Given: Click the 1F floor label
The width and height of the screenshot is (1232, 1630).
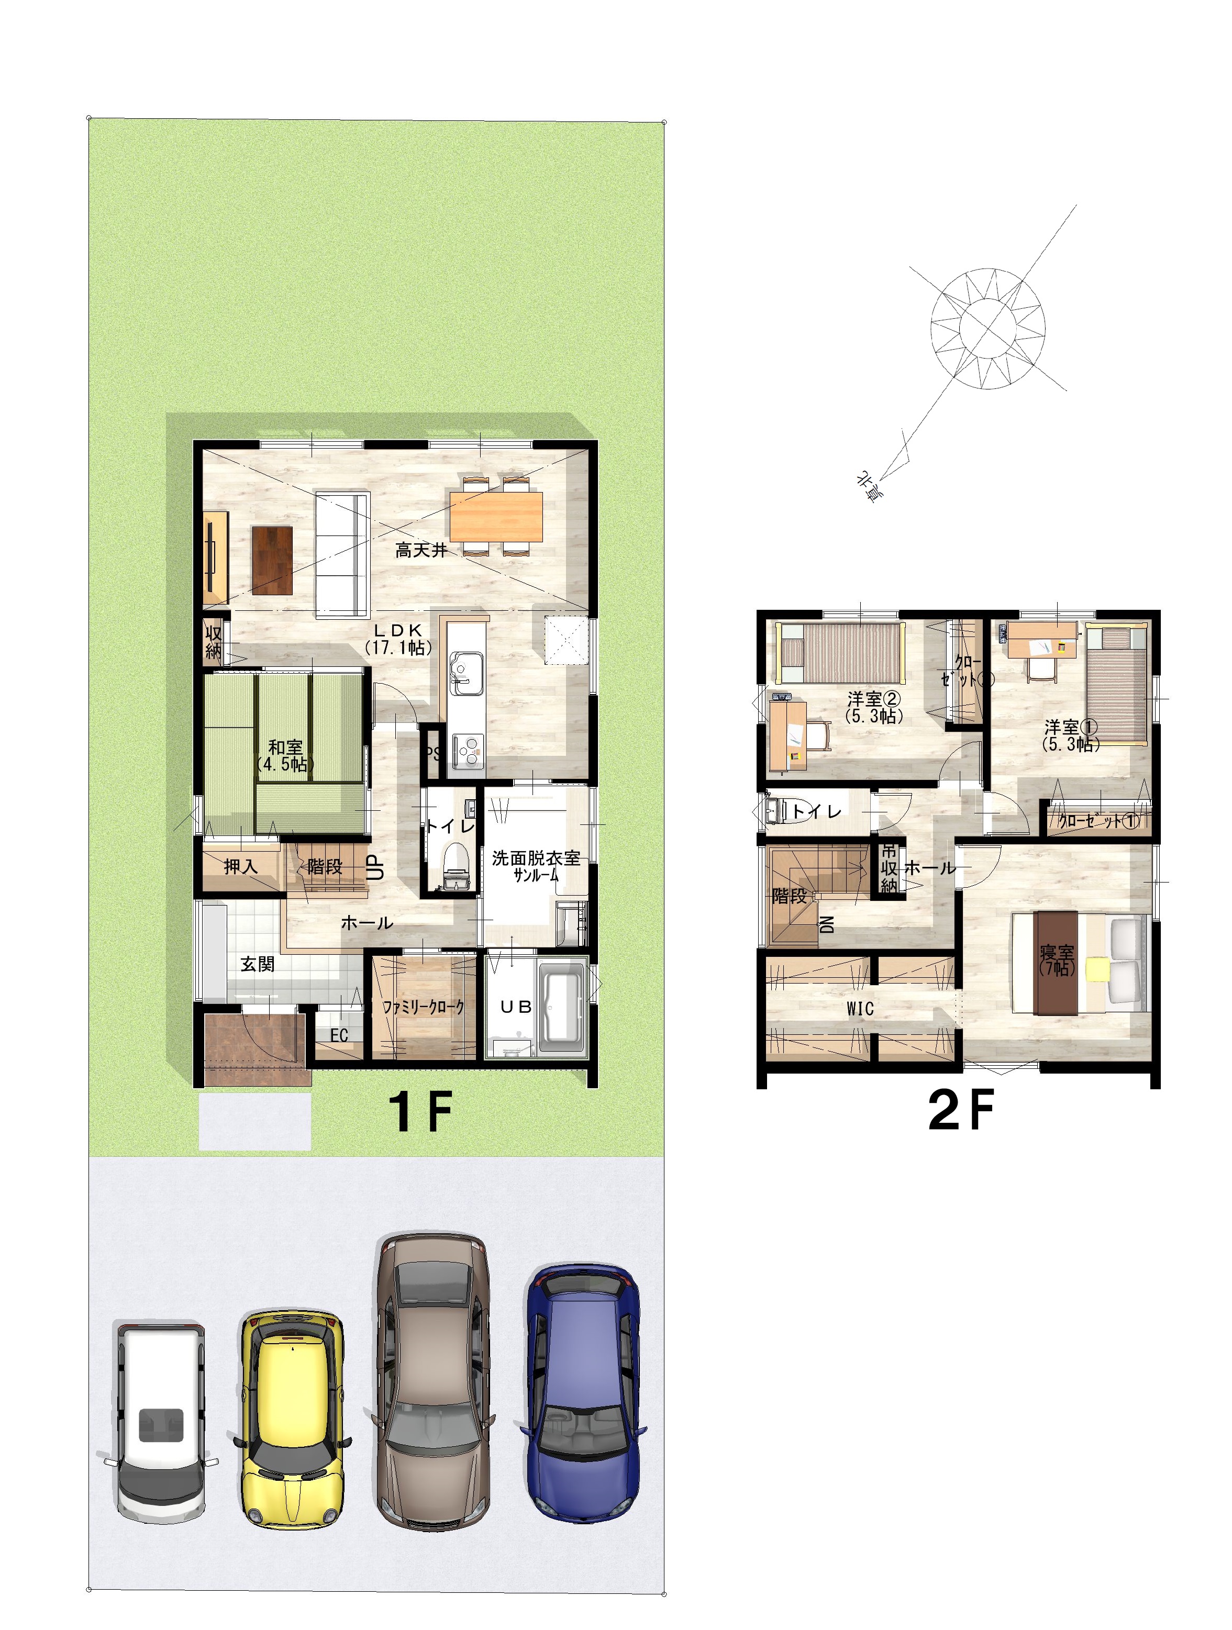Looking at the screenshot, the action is click(x=420, y=1113).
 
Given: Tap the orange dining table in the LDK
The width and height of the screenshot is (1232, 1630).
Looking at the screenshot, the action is click(x=496, y=516).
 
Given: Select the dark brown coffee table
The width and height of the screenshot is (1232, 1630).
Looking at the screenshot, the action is click(x=272, y=560).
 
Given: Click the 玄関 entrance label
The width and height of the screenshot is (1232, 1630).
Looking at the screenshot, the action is click(x=257, y=964).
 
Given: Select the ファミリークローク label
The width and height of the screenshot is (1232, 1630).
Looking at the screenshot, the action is click(x=423, y=1007).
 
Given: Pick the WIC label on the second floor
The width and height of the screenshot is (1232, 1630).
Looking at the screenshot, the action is click(x=860, y=1009).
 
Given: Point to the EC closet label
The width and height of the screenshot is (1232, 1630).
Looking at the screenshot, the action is click(x=339, y=1035).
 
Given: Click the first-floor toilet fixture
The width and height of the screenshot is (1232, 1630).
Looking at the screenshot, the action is click(x=457, y=865).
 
